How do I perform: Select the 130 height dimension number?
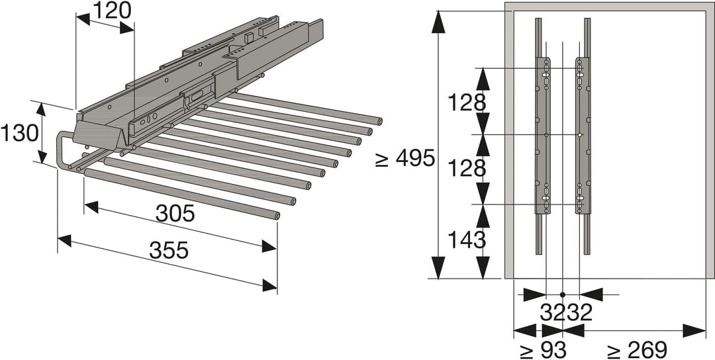pyautogui.click(x=19, y=133)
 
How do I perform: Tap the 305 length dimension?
pyautogui.click(x=175, y=213)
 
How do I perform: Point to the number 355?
pyautogui.click(x=168, y=250)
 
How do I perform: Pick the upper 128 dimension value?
pyautogui.click(x=467, y=102)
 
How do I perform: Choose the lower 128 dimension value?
pyautogui.click(x=467, y=169)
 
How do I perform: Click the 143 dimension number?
pyautogui.click(x=467, y=239)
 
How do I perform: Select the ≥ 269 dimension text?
pyautogui.click(x=638, y=349)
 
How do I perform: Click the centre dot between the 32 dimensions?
pyautogui.click(x=562, y=294)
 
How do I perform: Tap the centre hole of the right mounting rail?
pyautogui.click(x=579, y=135)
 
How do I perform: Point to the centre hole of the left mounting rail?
pyautogui.click(x=546, y=135)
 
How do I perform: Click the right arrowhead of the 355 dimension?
pyautogui.click(x=270, y=285)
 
